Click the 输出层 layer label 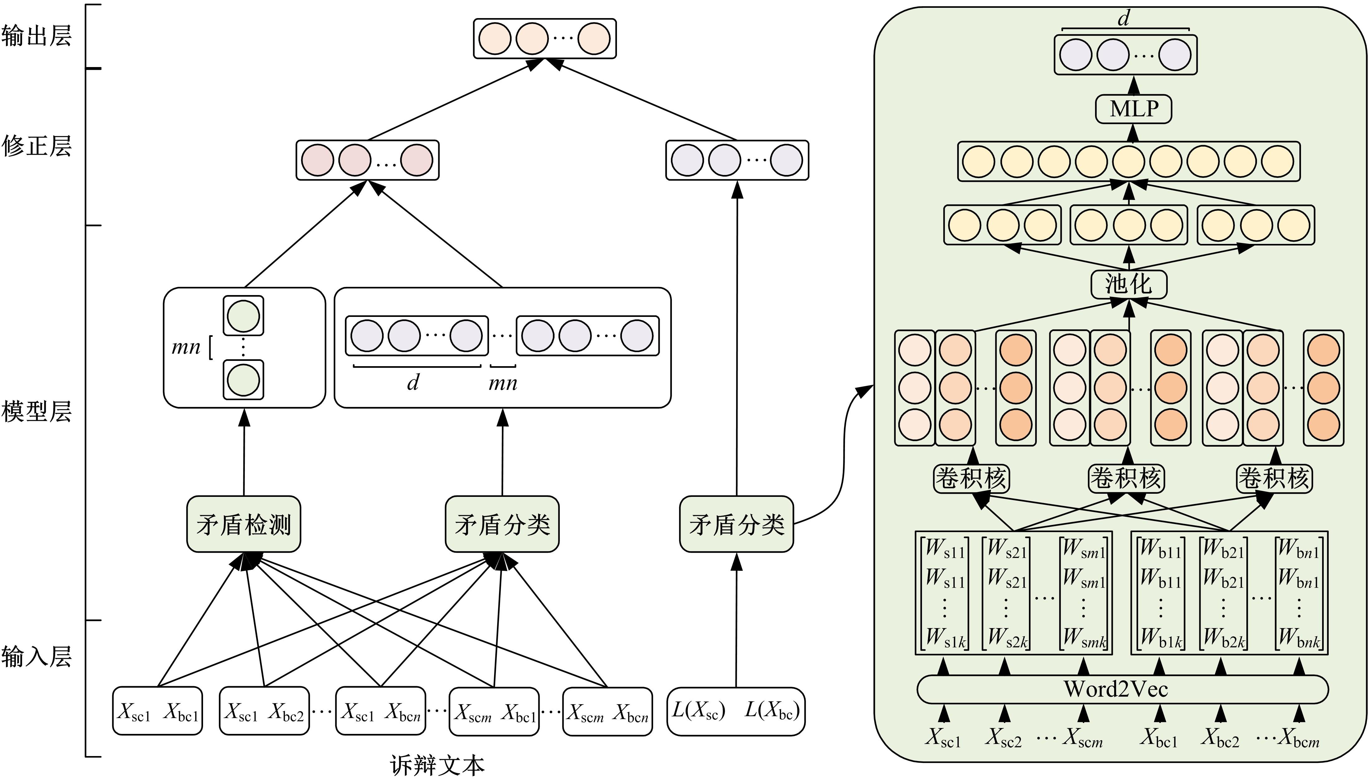(36, 36)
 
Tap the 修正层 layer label (36, 146)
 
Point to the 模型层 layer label (36, 411)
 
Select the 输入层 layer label (36, 656)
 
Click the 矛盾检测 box (244, 524)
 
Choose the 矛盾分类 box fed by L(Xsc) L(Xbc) (736, 524)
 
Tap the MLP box (1133, 109)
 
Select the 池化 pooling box (1129, 284)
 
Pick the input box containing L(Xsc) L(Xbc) (736, 711)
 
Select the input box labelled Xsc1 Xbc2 (264, 711)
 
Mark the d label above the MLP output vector (1123, 19)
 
